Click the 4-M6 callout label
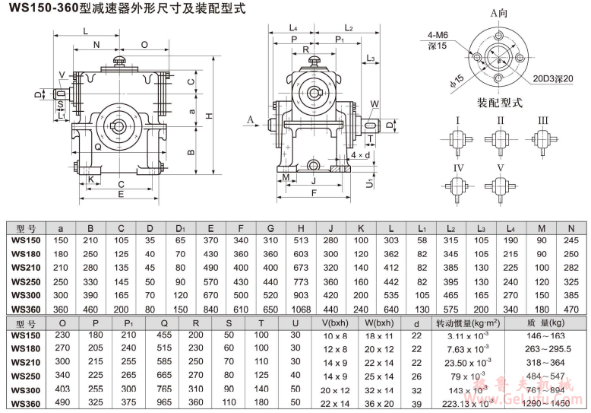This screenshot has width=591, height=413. pyautogui.click(x=438, y=35)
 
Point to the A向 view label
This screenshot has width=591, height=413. pyautogui.click(x=499, y=13)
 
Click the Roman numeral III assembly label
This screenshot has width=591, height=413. pyautogui.click(x=542, y=120)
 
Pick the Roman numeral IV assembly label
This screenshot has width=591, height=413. pyautogui.click(x=458, y=167)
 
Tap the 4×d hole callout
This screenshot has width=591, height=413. pyautogui.click(x=361, y=155)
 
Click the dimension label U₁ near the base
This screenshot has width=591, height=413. pyautogui.click(x=369, y=183)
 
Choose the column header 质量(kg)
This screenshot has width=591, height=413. pyautogui.click(x=539, y=322)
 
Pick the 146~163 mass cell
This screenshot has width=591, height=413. pyautogui.click(x=539, y=335)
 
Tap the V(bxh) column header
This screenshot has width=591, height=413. pyautogui.click(x=335, y=322)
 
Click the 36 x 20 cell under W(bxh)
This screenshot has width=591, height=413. pyautogui.click(x=379, y=402)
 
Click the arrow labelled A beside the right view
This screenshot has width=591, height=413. pyautogui.click(x=250, y=119)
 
